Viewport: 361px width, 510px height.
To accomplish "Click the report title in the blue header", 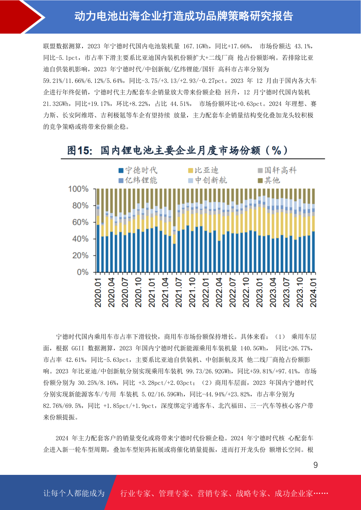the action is point(184,16).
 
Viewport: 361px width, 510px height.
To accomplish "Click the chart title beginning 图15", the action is point(178,151).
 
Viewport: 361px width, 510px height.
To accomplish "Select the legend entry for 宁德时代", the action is point(138,170).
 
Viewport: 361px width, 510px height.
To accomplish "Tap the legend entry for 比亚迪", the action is point(203,170).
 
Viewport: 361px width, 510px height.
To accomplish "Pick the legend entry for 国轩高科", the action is point(277,170).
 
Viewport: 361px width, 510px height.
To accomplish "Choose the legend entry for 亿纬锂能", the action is point(138,180).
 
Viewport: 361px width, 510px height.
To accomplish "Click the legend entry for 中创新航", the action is point(207,180).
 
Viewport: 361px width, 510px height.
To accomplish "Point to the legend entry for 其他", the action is point(269,180).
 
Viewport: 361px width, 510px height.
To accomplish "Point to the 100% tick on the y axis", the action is point(78,189).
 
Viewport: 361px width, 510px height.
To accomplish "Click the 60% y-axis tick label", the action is point(80,222).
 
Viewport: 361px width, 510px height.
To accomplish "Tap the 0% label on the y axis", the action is point(82,272).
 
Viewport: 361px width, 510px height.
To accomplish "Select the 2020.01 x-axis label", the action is point(98,292).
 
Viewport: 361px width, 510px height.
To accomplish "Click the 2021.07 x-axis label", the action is point(179,292).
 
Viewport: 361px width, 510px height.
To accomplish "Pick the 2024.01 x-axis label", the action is point(313,292).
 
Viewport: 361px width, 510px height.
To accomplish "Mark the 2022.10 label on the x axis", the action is point(246,292).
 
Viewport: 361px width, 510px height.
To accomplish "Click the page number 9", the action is point(316,465).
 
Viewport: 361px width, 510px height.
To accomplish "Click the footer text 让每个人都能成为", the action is point(74,493).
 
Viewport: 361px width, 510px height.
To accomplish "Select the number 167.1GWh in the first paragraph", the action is point(196,46).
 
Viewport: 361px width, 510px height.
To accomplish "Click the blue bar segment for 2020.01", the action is point(98,248).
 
